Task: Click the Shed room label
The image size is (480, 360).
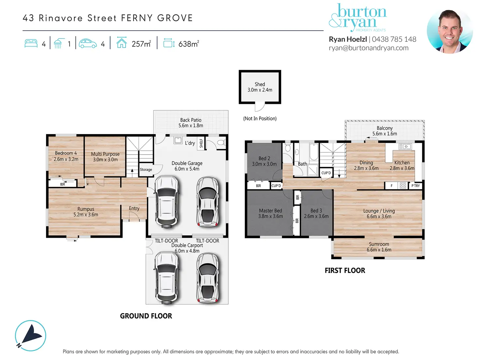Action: click(260, 84)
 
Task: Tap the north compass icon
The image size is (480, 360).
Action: click(30, 336)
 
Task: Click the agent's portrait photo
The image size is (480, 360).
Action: click(450, 32)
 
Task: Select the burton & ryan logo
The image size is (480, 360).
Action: click(358, 18)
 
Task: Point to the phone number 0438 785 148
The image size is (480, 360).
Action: click(394, 39)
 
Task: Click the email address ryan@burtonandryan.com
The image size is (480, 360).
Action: click(368, 48)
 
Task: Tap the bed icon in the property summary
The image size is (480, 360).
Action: click(31, 43)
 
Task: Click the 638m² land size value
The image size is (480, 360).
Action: click(189, 44)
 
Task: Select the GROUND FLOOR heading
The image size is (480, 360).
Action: click(146, 316)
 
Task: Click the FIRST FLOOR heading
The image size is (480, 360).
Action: click(345, 270)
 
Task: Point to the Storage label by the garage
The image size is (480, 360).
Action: click(146, 169)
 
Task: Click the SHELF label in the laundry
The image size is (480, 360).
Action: click(201, 143)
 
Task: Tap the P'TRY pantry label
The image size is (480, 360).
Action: click(415, 186)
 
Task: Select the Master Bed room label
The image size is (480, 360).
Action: click(271, 211)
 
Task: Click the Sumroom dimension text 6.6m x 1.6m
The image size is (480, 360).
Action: click(379, 249)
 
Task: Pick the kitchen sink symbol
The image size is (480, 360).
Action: click(405, 146)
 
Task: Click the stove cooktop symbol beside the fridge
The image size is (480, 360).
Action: click(403, 186)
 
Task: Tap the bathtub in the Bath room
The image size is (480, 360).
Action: click(314, 152)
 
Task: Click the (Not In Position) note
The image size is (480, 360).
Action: click(260, 118)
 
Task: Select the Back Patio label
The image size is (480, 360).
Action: click(191, 120)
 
